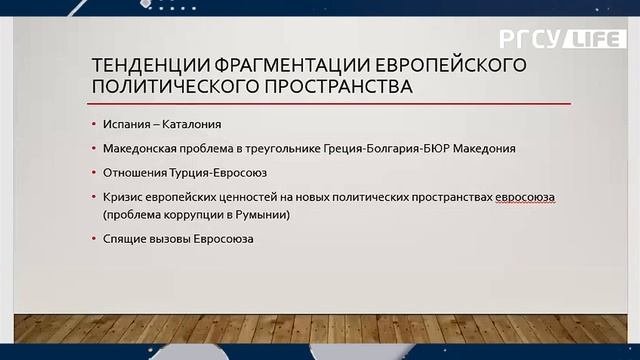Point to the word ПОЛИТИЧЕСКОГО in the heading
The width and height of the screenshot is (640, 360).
click(166, 87)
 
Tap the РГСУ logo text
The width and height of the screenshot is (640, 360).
click(529, 40)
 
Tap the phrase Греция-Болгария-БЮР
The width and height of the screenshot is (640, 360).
click(394, 148)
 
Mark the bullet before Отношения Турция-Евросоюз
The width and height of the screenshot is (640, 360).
click(94, 172)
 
